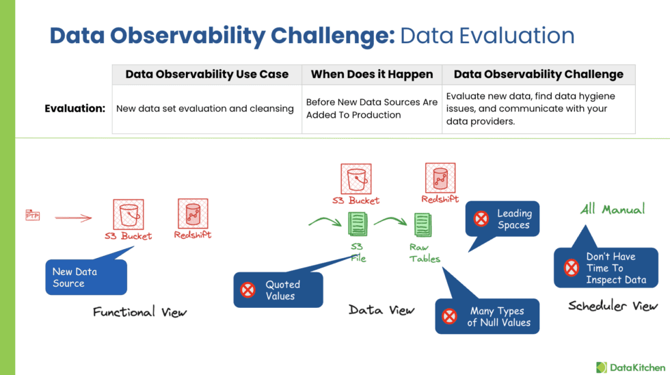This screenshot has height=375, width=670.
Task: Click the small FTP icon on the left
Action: tap(32, 216)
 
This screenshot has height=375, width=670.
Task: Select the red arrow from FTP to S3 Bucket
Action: tap(73, 218)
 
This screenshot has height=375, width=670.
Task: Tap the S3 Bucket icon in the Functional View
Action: tap(129, 214)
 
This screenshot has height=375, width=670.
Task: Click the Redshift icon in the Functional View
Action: tap(192, 214)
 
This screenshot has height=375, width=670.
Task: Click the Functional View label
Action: tap(139, 312)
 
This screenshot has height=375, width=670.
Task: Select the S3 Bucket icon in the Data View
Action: tap(356, 179)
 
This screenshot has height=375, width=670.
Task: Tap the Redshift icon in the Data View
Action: tap(440, 178)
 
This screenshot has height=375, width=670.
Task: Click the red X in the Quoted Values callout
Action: tap(247, 290)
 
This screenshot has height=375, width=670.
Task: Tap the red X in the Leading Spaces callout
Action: tap(481, 219)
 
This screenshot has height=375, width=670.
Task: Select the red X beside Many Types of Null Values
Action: tap(449, 316)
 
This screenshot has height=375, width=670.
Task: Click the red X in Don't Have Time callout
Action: tap(572, 268)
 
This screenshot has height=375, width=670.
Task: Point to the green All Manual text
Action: tap(612, 209)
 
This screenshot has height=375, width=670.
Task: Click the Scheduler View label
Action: tap(613, 306)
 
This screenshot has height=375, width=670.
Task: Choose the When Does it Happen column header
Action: tap(372, 75)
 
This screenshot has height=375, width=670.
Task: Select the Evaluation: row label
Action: tap(75, 108)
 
